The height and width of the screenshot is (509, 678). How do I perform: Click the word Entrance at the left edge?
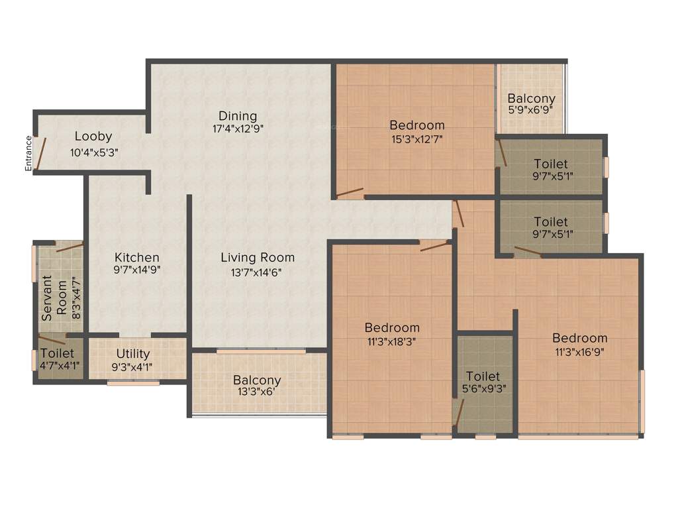pyautogui.click(x=28, y=153)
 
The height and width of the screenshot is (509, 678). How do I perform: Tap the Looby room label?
pyautogui.click(x=93, y=137)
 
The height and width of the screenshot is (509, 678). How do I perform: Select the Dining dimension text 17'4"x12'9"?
pyautogui.click(x=237, y=129)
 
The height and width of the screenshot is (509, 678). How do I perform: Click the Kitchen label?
pyautogui.click(x=137, y=257)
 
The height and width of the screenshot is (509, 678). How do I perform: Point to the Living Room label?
pyautogui.click(x=258, y=257)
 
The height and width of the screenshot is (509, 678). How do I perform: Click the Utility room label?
pyautogui.click(x=133, y=353)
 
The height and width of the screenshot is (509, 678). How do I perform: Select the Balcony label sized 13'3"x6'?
pyautogui.click(x=257, y=380)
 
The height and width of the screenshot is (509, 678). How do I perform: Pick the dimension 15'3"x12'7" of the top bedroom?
pyautogui.click(x=417, y=139)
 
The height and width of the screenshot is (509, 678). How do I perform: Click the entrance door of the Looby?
pyautogui.click(x=40, y=153)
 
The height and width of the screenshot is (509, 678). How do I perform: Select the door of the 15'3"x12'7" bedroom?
pyautogui.click(x=350, y=194)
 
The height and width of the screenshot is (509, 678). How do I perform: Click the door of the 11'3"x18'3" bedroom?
pyautogui.click(x=434, y=246)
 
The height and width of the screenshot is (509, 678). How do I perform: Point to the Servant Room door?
pyautogui.click(x=69, y=248)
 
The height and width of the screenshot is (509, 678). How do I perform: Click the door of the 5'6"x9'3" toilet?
pyautogui.click(x=458, y=412)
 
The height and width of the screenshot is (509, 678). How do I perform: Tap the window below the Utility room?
pyautogui.click(x=133, y=383)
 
